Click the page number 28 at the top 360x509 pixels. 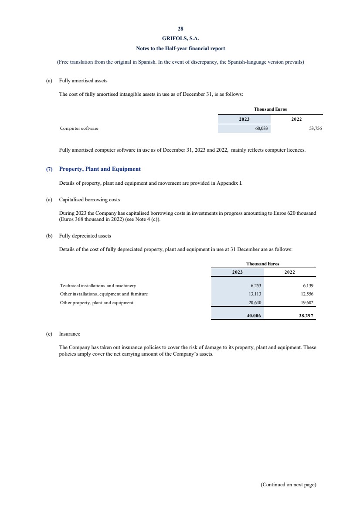tap(180, 29)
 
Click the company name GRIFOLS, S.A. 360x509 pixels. tap(180, 38)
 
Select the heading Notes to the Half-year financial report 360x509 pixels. tap(180, 48)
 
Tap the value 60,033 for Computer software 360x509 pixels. tap(262, 129)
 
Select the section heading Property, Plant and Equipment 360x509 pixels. tap(100, 169)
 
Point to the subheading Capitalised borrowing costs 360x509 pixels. tap(89, 200)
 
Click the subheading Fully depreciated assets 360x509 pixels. tap(85, 236)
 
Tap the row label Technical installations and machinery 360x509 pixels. tap(98, 286)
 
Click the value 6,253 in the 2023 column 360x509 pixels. tap(255, 286)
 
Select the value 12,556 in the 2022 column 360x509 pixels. tap(307, 294)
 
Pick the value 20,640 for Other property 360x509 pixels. tap(255, 302)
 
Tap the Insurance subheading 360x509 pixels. tap(70, 334)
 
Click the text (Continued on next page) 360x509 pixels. tap(288, 484)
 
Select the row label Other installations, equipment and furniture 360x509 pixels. tap(104, 294)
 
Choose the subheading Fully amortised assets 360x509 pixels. tap(83, 81)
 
